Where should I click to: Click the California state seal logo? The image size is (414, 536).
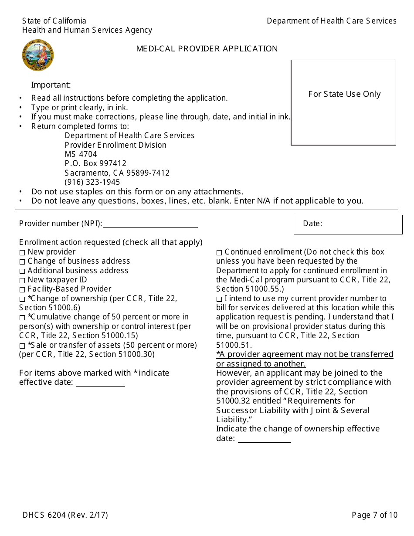pos(38,55)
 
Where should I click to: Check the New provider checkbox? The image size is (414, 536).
pos(22,252)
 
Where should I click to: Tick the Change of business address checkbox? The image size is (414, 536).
pos(22,261)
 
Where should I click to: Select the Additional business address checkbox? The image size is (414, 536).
pos(22,271)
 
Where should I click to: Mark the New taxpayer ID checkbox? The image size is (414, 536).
pos(22,280)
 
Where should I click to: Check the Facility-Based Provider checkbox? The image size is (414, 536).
pos(22,289)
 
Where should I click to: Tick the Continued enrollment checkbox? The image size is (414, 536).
pos(219,252)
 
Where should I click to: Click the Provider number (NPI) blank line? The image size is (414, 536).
pos(150,224)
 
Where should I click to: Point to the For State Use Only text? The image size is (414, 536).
pos(344,94)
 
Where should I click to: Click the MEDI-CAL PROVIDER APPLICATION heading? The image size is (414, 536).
pos(207,49)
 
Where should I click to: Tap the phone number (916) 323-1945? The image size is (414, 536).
pos(92,182)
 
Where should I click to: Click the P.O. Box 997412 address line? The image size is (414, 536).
pos(95,163)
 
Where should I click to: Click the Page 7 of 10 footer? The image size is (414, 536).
pos(375,515)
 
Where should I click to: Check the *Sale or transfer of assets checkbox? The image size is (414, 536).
pos(22,346)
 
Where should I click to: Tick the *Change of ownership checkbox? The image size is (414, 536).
pos(22,299)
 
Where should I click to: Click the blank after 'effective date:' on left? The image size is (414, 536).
pos(100,383)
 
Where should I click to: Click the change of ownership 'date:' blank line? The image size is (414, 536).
pos(264,439)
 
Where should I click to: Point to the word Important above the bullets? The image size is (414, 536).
pos(51,85)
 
